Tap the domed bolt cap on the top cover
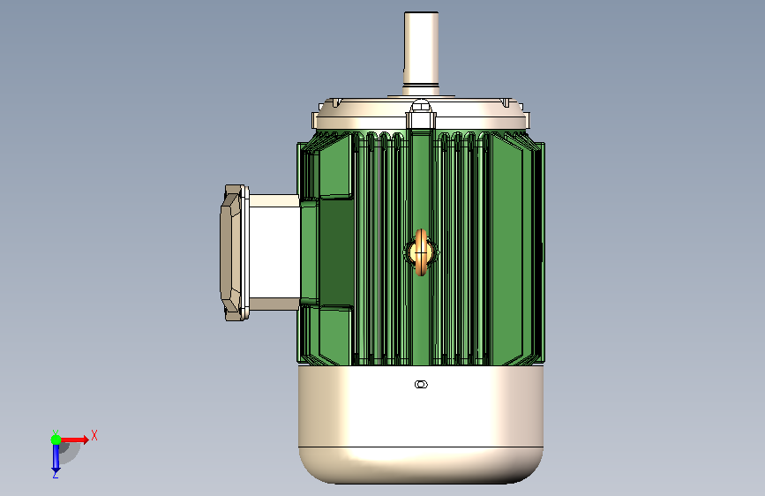click(x=421, y=106)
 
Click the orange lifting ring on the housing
click(x=421, y=252)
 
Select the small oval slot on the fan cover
click(x=421, y=384)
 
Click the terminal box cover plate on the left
click(x=233, y=252)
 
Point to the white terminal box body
click(x=274, y=252)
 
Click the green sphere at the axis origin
click(x=56, y=440)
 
